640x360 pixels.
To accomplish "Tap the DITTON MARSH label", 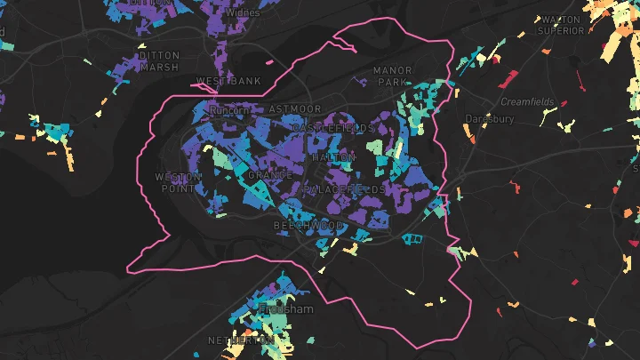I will point(159,60).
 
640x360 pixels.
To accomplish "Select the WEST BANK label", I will point(228,81).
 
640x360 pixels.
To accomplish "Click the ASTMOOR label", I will point(294,108).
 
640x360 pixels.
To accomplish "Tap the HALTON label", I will point(333,157).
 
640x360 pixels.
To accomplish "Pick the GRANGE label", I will point(269,175).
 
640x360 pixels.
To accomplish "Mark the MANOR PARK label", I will point(392,76).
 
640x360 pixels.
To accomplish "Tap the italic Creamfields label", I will point(527,102).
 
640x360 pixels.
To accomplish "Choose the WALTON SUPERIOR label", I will point(560,24).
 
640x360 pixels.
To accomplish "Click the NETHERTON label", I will point(240,341).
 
